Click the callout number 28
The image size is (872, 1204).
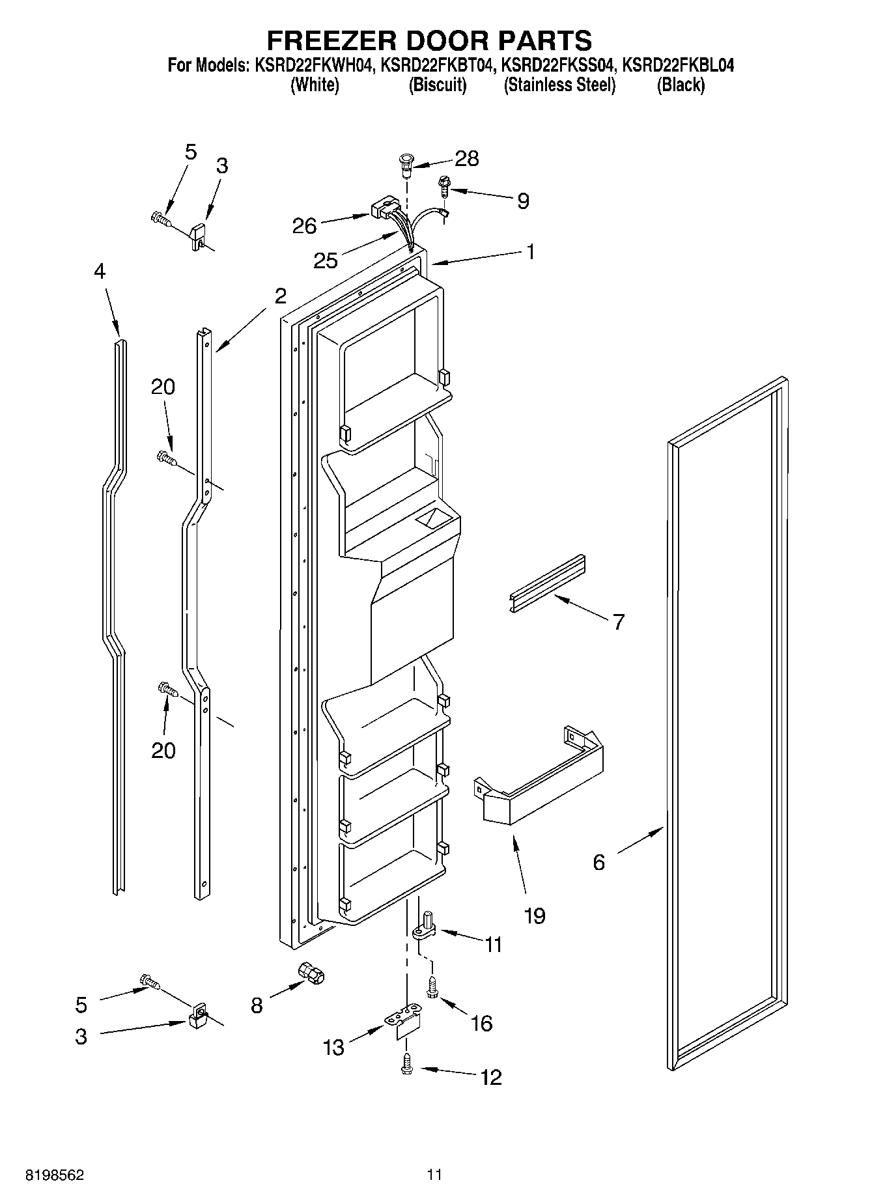(x=467, y=158)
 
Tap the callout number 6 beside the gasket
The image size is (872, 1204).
(x=598, y=862)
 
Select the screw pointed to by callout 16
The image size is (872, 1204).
(x=431, y=987)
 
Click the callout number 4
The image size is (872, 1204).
(x=99, y=271)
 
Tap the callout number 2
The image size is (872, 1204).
(x=280, y=296)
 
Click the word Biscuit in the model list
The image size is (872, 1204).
(x=438, y=85)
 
